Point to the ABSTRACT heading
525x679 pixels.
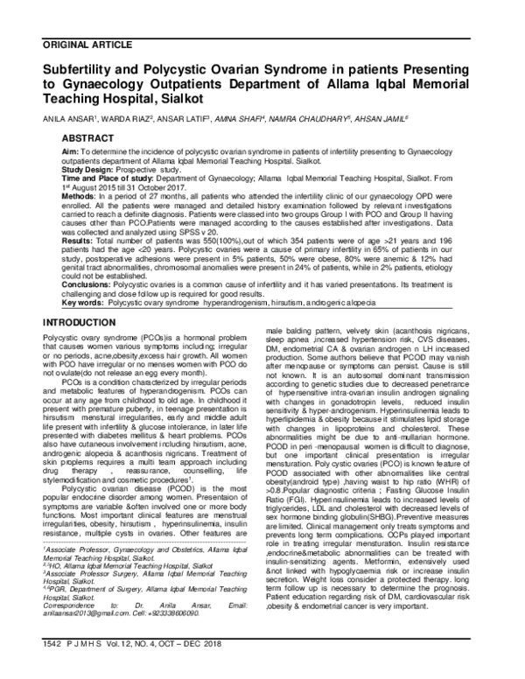coord(87,138)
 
